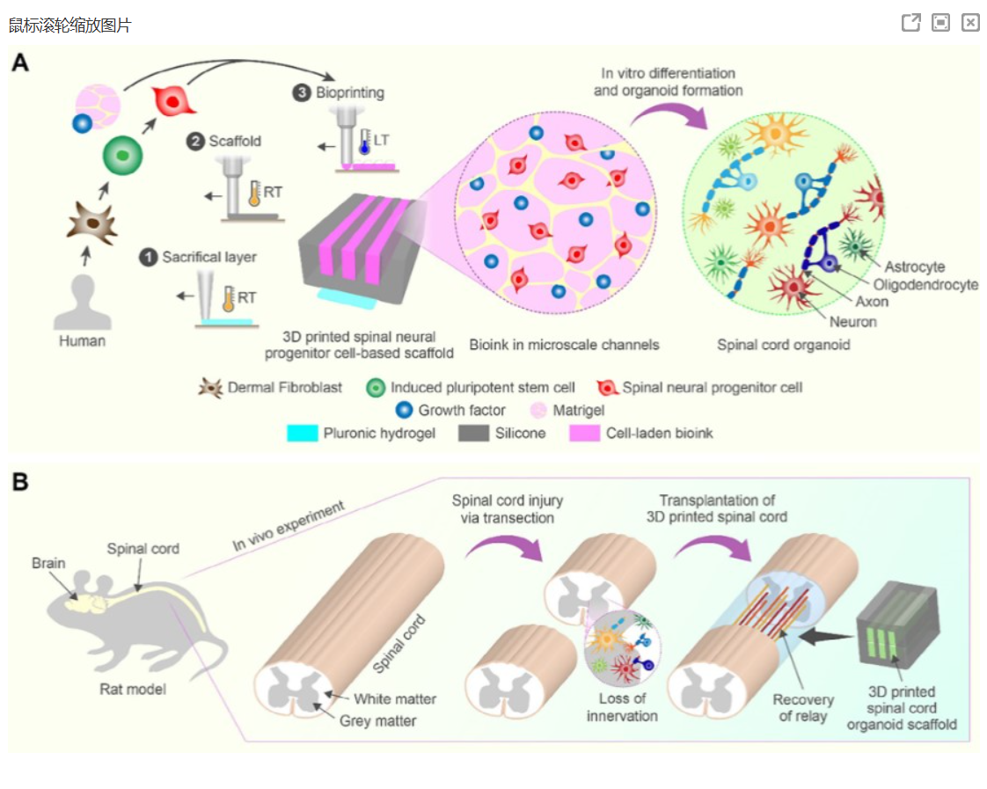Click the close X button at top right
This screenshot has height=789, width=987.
coord(970,23)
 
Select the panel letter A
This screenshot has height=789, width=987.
coord(20,63)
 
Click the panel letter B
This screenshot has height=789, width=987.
coord(20,482)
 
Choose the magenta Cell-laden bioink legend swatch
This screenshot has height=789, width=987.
coord(585,434)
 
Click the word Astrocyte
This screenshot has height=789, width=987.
coord(914,267)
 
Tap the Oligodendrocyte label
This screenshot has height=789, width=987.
coord(925,284)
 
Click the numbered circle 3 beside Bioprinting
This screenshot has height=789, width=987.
coord(303,92)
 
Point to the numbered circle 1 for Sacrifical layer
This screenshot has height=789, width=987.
coord(149,257)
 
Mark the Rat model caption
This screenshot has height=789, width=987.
coord(132,689)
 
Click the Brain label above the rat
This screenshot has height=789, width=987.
coord(48,563)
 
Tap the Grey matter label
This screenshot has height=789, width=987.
coord(377,721)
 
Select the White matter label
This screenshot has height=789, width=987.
coord(395,700)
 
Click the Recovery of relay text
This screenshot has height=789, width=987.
coord(803,708)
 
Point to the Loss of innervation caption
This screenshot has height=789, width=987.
coord(622,707)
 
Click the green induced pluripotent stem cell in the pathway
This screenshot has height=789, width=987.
coord(122,156)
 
